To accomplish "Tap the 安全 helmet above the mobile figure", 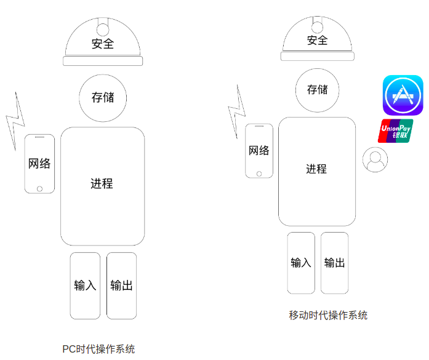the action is pyautogui.click(x=317, y=39).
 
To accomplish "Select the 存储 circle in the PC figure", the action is pyautogui.click(x=103, y=97).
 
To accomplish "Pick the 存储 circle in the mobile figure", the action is pyautogui.click(x=317, y=90).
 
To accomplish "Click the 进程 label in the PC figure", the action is pyautogui.click(x=102, y=183).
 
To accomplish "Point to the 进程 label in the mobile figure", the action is pyautogui.click(x=316, y=169).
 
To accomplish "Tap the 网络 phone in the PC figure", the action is pyautogui.click(x=39, y=163).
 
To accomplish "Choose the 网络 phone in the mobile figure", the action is pyautogui.click(x=259, y=151).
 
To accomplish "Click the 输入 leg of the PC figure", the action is pyautogui.click(x=85, y=286).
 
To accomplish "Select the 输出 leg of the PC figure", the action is pyautogui.click(x=121, y=286).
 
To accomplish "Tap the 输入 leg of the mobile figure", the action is pyautogui.click(x=301, y=263).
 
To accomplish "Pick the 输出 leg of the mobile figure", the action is pyautogui.click(x=334, y=263).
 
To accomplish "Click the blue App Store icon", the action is pyautogui.click(x=403, y=95).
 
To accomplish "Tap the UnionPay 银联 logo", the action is pyautogui.click(x=395, y=131).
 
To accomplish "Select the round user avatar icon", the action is pyautogui.click(x=375, y=160).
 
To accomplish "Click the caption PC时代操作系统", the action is pyautogui.click(x=98, y=349).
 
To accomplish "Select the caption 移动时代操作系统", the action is pyautogui.click(x=328, y=315).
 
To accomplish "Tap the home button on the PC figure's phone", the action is pyautogui.click(x=40, y=188).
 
